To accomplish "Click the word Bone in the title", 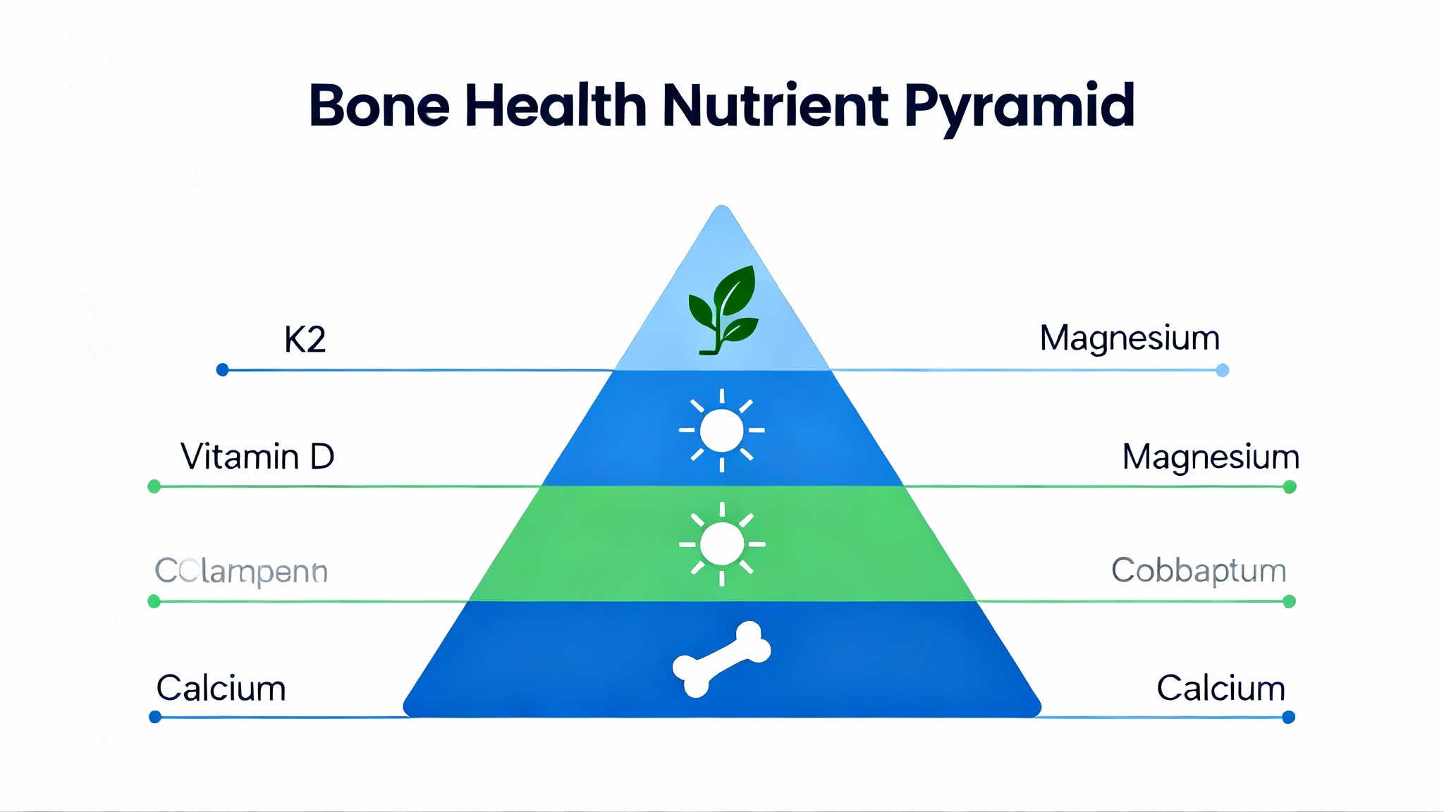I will (379, 106).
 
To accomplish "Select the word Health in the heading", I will (556, 106).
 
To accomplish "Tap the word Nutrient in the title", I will (775, 106).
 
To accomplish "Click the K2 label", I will (305, 340).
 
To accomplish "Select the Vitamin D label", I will (257, 457).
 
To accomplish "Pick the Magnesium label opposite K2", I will (1130, 338).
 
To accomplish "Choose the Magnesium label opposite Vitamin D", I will (1211, 457).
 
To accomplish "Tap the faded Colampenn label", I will (241, 572).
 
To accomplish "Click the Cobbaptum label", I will (1199, 571).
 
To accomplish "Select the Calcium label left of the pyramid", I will (221, 689).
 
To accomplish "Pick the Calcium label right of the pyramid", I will (1220, 689).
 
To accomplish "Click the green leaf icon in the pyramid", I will (723, 310).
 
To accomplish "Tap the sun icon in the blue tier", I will (722, 430).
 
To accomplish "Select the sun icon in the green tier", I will (722, 544).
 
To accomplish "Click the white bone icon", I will (721, 659).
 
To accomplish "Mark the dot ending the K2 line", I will (223, 369).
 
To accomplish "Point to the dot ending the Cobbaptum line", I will (1289, 601).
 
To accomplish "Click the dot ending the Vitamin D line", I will (154, 486).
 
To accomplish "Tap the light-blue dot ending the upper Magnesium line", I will (1223, 370).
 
